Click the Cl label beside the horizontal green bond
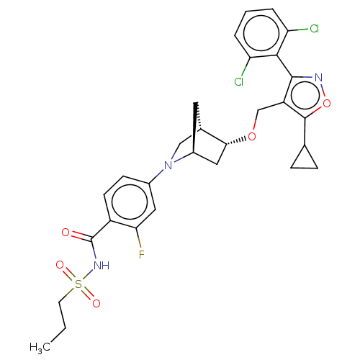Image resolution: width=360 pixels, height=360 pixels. pyautogui.click(x=314, y=30)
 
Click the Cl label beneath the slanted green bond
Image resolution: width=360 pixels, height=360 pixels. pyautogui.click(x=238, y=82)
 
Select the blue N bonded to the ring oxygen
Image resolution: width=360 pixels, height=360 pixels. pyautogui.click(x=318, y=76)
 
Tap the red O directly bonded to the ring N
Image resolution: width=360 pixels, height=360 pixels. pyautogui.click(x=327, y=104)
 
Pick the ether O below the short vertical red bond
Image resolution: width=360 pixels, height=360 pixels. pyautogui.click(x=252, y=137)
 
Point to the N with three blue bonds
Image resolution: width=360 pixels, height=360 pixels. pyautogui.click(x=168, y=166)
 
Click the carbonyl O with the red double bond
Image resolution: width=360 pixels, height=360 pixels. pyautogui.click(x=66, y=233)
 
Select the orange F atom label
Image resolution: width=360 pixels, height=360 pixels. pyautogui.click(x=141, y=255)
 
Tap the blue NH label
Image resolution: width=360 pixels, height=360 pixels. pyautogui.click(x=101, y=266)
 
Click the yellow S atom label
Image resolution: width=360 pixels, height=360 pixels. pyautogui.click(x=78, y=284)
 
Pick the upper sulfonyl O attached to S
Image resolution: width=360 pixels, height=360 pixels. pyautogui.click(x=60, y=265)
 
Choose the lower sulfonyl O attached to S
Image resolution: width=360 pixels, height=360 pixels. pyautogui.click(x=96, y=304)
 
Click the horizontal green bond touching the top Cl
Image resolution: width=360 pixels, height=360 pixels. pyautogui.click(x=302, y=30)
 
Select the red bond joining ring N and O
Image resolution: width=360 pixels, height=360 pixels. pyautogui.click(x=323, y=90)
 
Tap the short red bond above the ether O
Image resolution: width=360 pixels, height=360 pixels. pyautogui.click(x=254, y=125)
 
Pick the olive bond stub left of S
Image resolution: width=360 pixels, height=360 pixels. pyautogui.click(x=70, y=291)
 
